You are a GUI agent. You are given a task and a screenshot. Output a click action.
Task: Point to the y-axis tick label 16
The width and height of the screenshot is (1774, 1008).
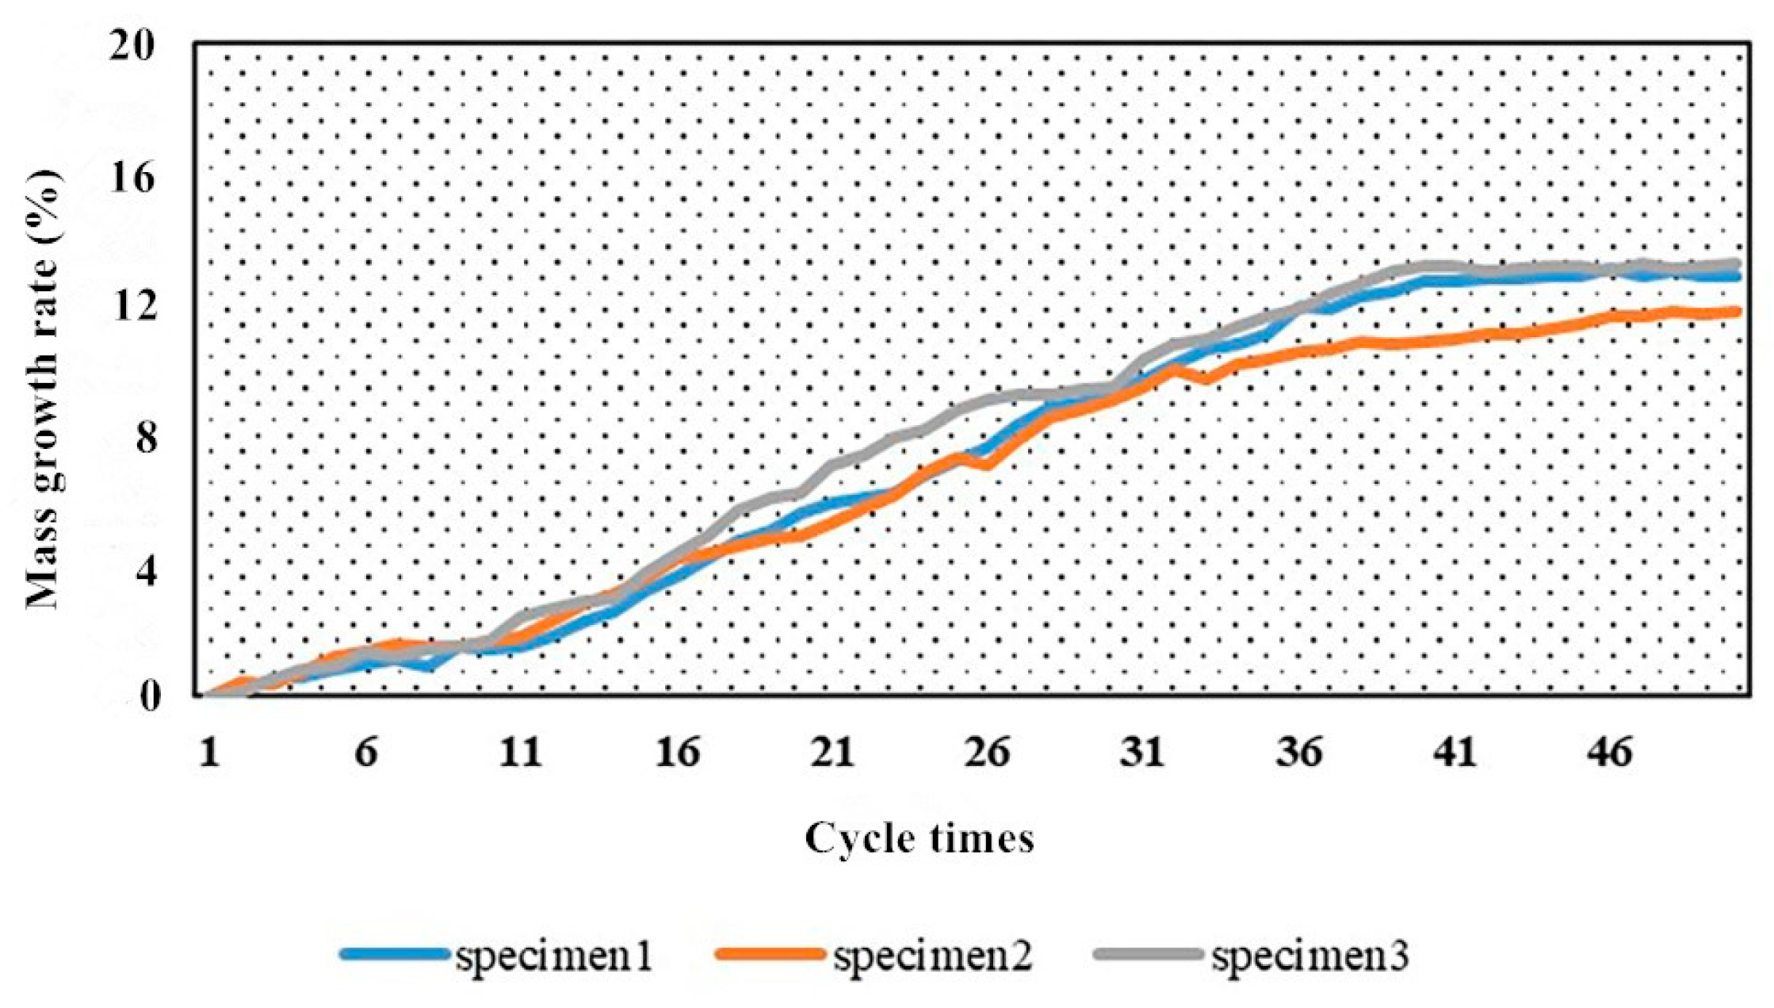tap(136, 178)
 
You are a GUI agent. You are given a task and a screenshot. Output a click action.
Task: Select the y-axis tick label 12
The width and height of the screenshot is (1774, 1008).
tap(136, 308)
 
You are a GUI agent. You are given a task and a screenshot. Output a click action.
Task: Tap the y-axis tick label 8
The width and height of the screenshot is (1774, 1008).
tap(147, 438)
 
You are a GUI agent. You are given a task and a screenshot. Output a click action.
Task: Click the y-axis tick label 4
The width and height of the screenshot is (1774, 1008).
tap(147, 568)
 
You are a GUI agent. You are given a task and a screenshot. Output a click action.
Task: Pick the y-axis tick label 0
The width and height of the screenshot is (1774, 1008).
tap(147, 696)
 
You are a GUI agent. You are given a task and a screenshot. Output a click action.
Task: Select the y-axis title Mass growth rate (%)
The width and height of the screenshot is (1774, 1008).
tap(44, 389)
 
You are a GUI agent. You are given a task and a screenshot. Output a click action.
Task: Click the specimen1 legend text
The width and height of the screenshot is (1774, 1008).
tap(553, 956)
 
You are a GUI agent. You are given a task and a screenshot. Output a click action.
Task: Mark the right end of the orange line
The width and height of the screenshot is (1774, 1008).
tap(1738, 312)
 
